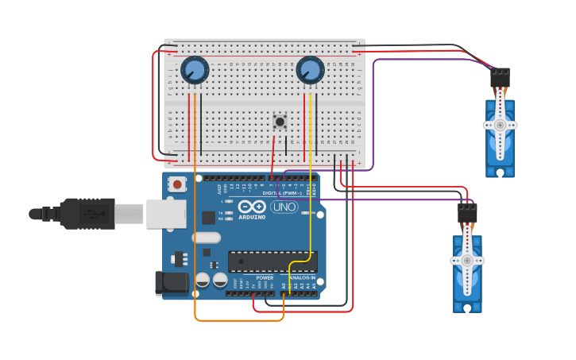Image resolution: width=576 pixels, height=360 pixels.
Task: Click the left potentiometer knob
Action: click(195, 71)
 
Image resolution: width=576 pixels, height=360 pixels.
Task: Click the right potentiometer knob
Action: click(310, 71)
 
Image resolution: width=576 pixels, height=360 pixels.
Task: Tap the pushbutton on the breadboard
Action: click(280, 122)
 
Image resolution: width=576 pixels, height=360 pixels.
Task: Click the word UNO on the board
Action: click(284, 207)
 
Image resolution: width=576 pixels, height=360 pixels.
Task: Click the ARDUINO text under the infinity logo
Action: click(252, 217)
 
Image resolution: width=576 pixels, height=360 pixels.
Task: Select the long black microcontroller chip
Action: click(273, 261)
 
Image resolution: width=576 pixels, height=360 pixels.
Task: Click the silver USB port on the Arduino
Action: click(166, 214)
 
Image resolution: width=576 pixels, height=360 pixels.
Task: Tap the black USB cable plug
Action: click(87, 214)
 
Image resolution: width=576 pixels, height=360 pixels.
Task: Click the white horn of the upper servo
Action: click(500, 125)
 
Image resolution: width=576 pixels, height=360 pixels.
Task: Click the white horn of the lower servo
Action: click(467, 261)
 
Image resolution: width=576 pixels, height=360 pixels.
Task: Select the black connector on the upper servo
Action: click(500, 78)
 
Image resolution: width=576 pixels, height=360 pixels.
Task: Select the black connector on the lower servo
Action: click(467, 214)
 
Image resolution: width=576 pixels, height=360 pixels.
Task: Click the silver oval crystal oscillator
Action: click(206, 237)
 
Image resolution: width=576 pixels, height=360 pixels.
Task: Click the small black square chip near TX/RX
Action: click(208, 217)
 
